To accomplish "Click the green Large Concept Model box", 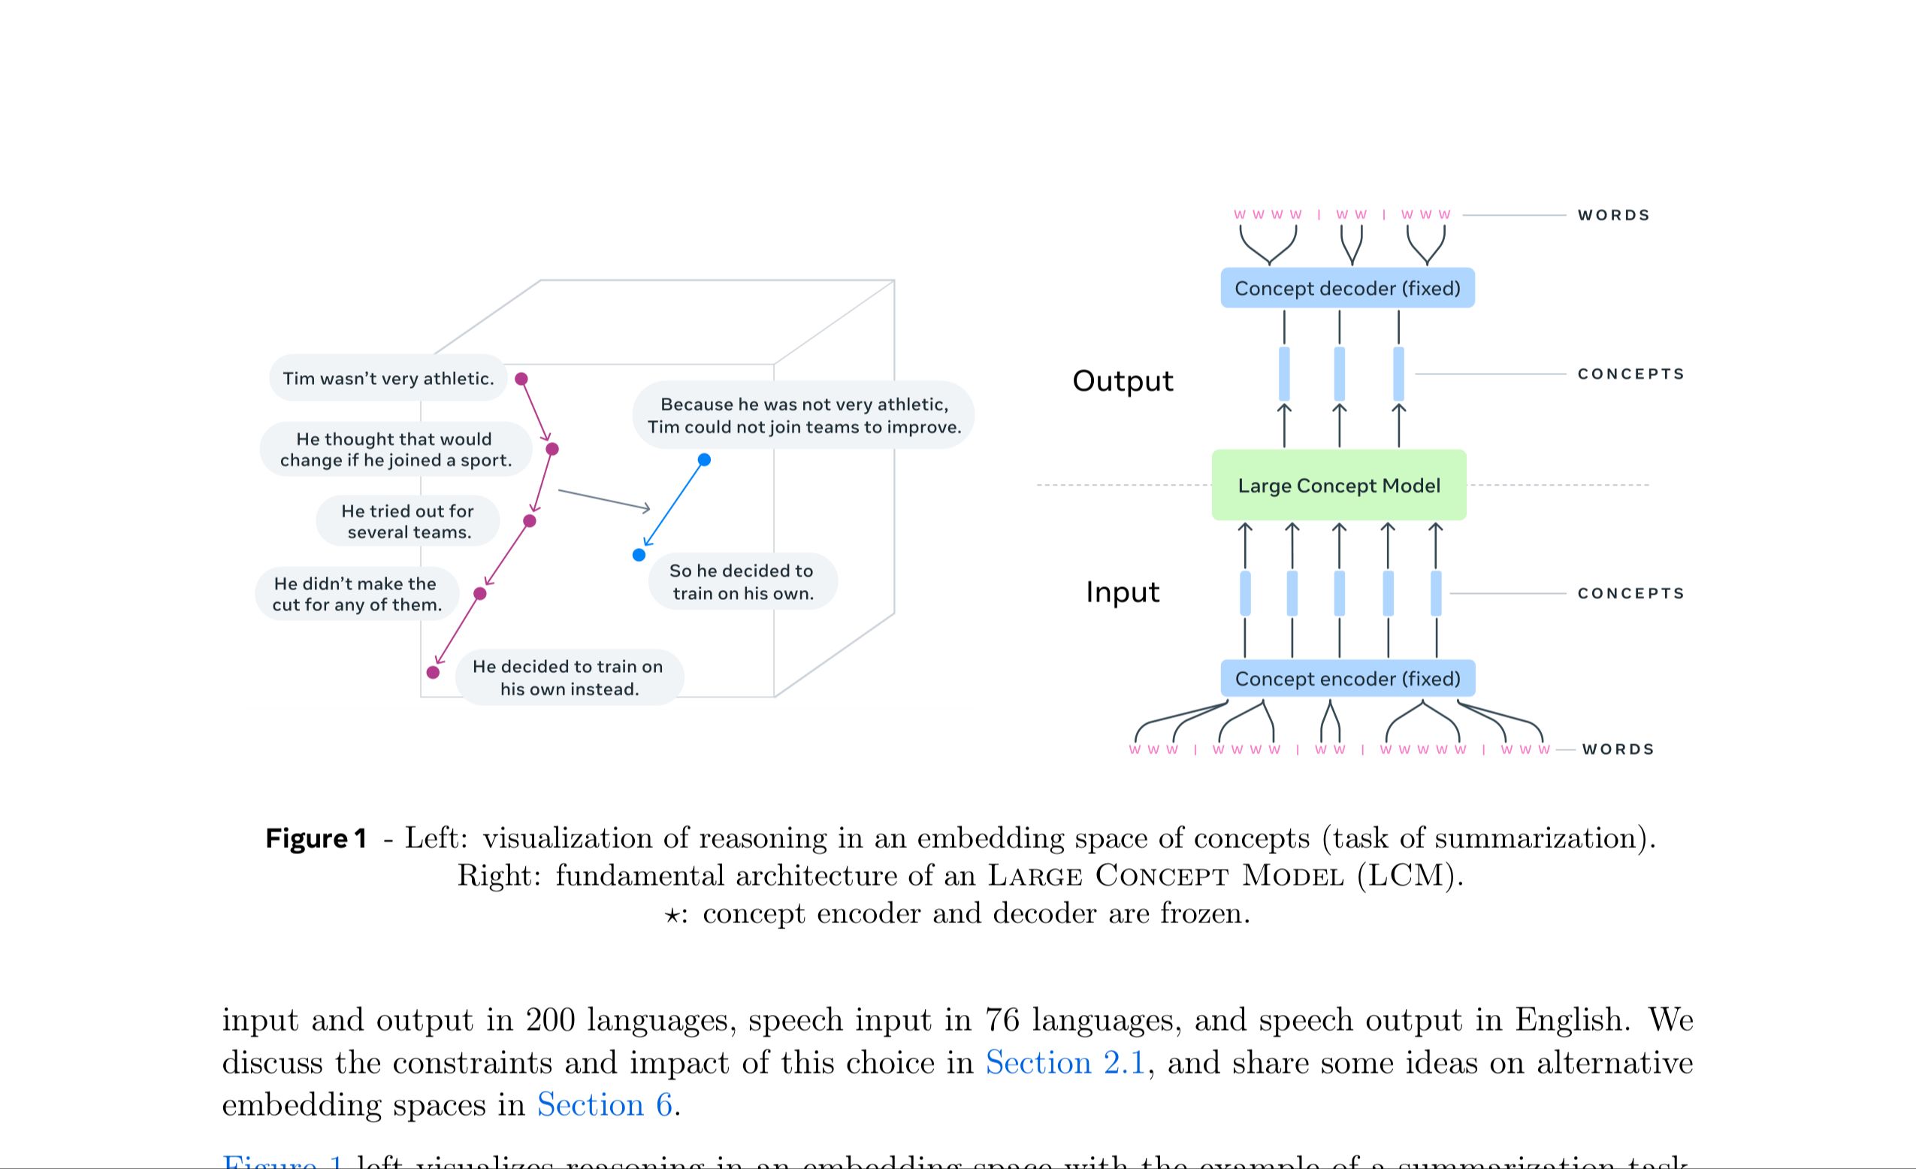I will click(x=1338, y=486).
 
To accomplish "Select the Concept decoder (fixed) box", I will click(x=1346, y=289).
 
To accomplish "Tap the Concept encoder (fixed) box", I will click(x=1346, y=679).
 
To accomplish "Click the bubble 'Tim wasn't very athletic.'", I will click(x=388, y=379).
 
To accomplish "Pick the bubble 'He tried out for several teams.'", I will click(x=407, y=521).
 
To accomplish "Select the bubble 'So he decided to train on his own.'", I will click(x=742, y=582).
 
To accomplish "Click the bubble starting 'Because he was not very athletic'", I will click(x=803, y=415).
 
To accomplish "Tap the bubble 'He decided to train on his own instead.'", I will click(x=569, y=677).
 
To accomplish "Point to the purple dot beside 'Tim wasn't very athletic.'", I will click(x=521, y=379).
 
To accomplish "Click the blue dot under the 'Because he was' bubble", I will click(x=705, y=459).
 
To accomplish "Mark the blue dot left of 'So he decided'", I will click(x=639, y=555).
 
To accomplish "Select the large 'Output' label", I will click(x=1122, y=381).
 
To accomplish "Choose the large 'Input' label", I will click(x=1122, y=592).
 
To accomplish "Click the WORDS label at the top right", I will click(x=1613, y=216).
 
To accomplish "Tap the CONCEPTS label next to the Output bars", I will click(x=1630, y=374).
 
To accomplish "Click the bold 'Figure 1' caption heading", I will click(x=316, y=838).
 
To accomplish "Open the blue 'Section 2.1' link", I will click(x=1065, y=1062).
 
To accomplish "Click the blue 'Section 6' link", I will click(x=604, y=1105).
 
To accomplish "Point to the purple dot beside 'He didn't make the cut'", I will click(x=480, y=594).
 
